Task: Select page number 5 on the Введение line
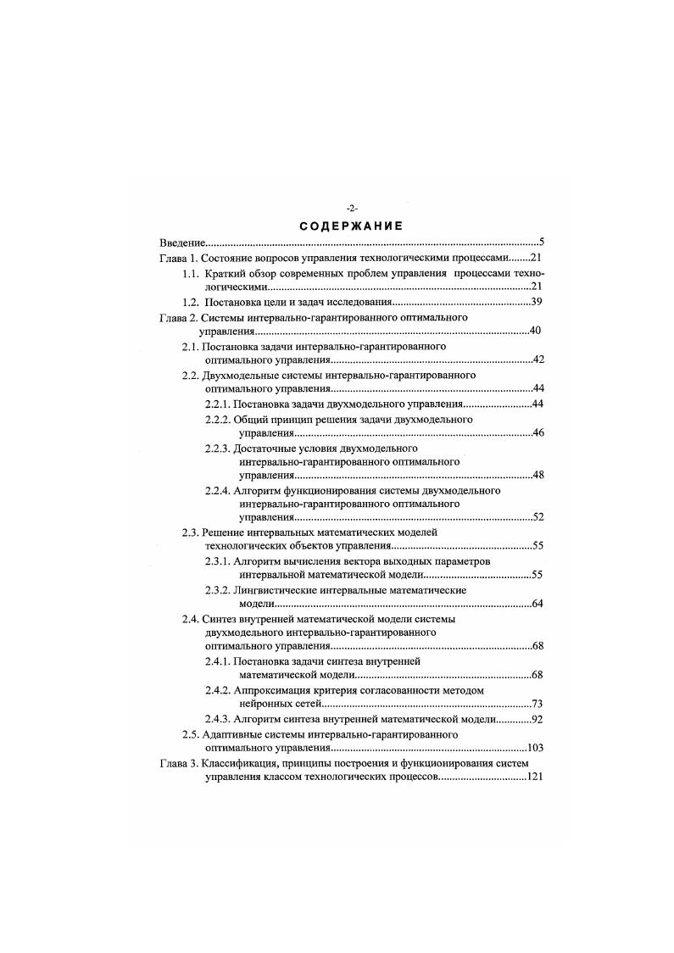click(539, 242)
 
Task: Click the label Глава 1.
click(178, 258)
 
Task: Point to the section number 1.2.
click(191, 302)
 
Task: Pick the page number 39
click(536, 302)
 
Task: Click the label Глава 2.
click(178, 317)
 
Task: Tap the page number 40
click(535, 331)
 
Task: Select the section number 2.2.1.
click(218, 404)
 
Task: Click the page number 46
click(537, 433)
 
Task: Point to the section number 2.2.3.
click(218, 448)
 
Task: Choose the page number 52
click(537, 516)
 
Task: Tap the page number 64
click(537, 604)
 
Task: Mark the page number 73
click(537, 705)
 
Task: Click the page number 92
click(537, 719)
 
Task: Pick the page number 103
click(534, 749)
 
